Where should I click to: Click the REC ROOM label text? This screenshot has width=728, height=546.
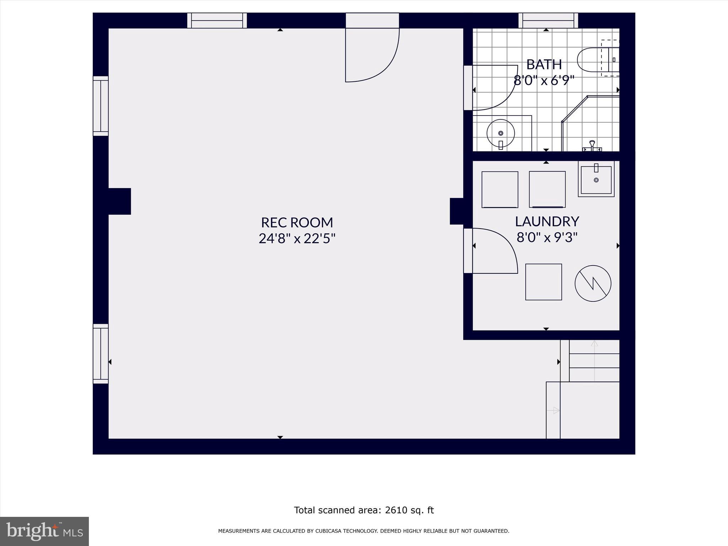point(297,223)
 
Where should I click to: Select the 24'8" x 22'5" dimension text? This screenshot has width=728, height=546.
point(297,239)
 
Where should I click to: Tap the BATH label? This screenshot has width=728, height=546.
point(544,65)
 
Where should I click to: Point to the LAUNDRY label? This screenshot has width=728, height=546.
point(547,221)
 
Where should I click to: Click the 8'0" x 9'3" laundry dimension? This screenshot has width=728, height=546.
point(547,237)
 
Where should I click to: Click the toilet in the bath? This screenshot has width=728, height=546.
point(597,60)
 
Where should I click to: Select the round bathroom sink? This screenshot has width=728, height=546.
point(500,134)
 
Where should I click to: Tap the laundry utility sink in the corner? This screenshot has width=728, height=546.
point(596,179)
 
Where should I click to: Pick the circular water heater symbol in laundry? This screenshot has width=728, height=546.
point(593,283)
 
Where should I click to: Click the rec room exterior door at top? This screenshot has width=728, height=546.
point(372,53)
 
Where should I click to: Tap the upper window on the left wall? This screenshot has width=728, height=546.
point(101,106)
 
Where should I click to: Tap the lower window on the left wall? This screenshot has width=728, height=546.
point(101,354)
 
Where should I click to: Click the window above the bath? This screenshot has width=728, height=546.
point(548,21)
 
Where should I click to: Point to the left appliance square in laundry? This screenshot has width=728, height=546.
point(499,189)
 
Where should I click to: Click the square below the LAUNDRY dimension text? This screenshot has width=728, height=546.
point(544,282)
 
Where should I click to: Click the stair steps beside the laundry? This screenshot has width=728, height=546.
point(594,361)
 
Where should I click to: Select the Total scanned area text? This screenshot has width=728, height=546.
point(364,510)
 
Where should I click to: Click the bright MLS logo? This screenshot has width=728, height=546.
point(44,531)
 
